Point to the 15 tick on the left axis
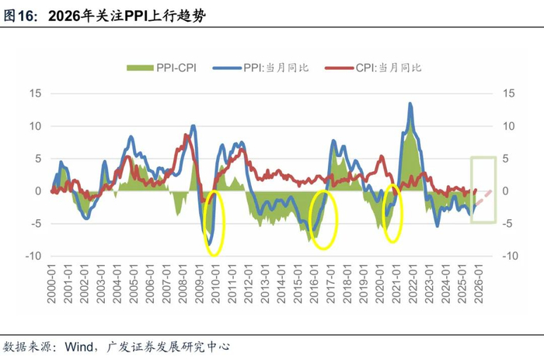pyautogui.click(x=35, y=93)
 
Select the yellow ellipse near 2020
pyautogui.click(x=394, y=213)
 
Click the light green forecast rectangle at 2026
pyautogui.click(x=483, y=189)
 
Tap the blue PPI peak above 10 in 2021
pyautogui.click(x=410, y=104)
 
